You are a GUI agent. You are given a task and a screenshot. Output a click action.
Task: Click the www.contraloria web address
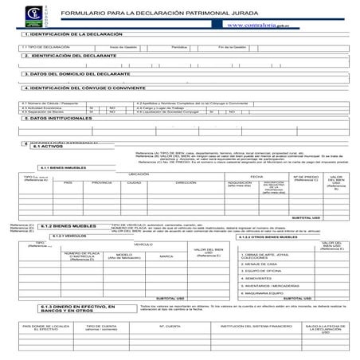tap(257, 25)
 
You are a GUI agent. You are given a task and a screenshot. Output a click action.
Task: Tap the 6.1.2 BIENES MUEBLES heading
tap(68, 226)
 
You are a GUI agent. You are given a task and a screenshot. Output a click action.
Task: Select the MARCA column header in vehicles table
tap(166, 256)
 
